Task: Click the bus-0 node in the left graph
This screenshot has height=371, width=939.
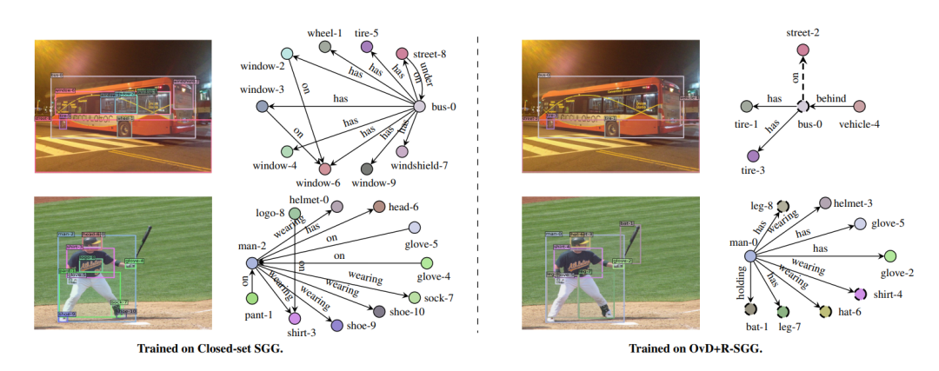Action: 420,106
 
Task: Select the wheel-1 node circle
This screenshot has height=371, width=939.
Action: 325,46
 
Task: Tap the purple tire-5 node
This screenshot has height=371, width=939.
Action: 367,47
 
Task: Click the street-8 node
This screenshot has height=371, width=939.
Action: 403,54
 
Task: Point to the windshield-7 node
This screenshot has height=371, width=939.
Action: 403,152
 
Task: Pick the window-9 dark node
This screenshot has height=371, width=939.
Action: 367,169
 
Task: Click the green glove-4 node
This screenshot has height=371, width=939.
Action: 426,263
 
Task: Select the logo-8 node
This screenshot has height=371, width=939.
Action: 296,213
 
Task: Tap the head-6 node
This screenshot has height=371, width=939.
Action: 379,207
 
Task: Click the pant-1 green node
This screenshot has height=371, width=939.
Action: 252,299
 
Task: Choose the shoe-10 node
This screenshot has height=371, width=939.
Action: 379,311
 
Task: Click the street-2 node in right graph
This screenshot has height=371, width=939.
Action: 802,50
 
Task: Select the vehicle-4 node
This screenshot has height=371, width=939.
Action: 859,106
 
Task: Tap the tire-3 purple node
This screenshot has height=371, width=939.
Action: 753,156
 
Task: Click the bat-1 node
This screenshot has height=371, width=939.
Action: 751,310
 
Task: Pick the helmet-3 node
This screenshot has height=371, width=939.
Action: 825,203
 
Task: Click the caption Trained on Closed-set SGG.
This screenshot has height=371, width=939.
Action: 214,348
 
